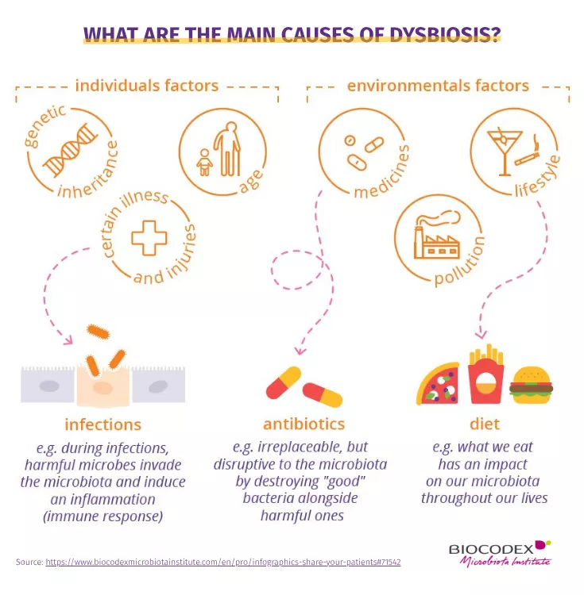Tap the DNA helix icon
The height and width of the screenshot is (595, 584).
71,150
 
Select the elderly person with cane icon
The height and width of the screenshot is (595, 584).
227,149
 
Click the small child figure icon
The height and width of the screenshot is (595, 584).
204,163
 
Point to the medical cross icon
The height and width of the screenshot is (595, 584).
149,238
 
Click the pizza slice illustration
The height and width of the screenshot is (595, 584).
438,383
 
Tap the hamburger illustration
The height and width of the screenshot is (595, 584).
531,385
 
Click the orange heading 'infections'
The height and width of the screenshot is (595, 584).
103,424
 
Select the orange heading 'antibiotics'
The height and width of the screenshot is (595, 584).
304,424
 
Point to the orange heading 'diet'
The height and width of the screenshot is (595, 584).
485,424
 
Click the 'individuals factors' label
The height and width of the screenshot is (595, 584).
147,86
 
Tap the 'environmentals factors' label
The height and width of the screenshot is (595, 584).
438,86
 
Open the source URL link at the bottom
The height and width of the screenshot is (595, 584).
223,562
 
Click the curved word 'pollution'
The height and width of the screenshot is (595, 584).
460,262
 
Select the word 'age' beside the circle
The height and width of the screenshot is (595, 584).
252,181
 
